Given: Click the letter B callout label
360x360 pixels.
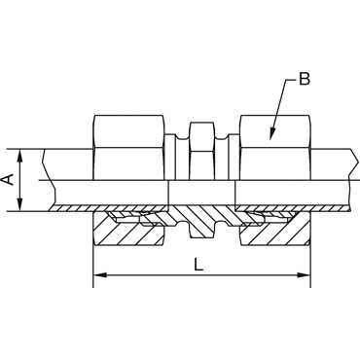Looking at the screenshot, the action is [305, 79].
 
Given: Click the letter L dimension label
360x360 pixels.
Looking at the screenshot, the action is [198, 265].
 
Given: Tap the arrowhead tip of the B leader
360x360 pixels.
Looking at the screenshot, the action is [270, 140].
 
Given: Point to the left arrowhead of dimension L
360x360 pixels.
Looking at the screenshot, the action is [98, 275].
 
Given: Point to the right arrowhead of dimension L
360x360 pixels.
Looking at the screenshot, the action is [305, 275].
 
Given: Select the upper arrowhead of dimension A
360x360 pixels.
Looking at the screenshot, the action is [20, 155].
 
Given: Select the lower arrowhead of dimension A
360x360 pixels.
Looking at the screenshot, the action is [20, 205].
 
